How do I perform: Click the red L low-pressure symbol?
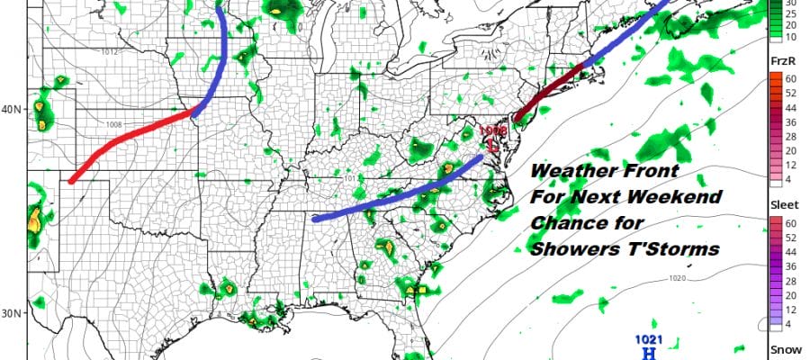[493, 141]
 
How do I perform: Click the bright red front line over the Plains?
[135, 139]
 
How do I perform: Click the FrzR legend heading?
[779, 60]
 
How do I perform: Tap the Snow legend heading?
[780, 348]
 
